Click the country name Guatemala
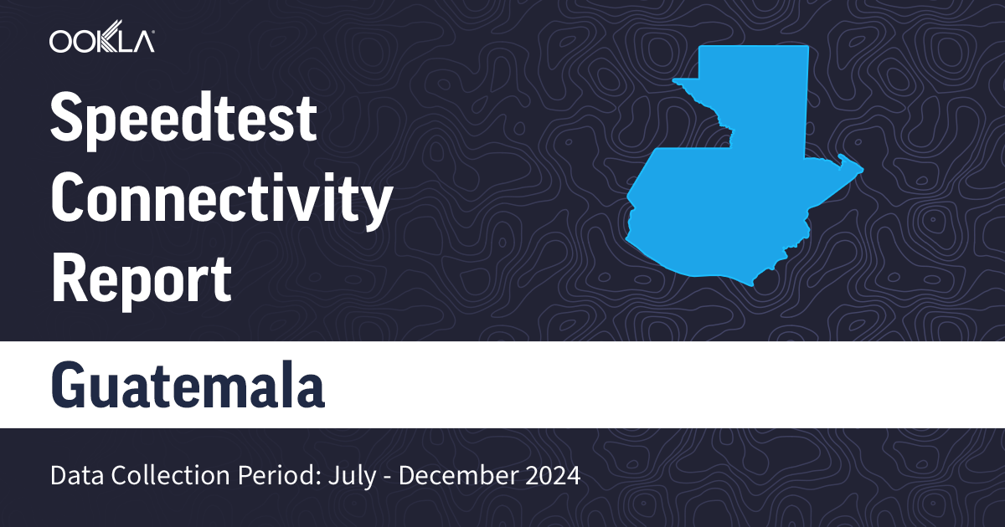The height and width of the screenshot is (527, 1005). (x=188, y=384)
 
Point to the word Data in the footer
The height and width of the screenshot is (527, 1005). (x=75, y=476)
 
